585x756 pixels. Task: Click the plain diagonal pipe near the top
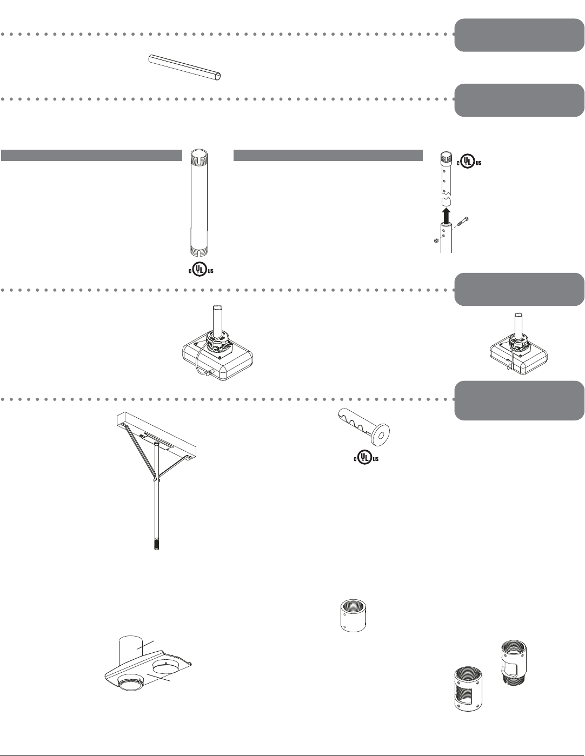click(185, 67)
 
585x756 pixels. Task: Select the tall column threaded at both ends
click(199, 205)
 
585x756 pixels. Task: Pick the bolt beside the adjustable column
click(463, 223)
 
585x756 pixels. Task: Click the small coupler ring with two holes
click(351, 614)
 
